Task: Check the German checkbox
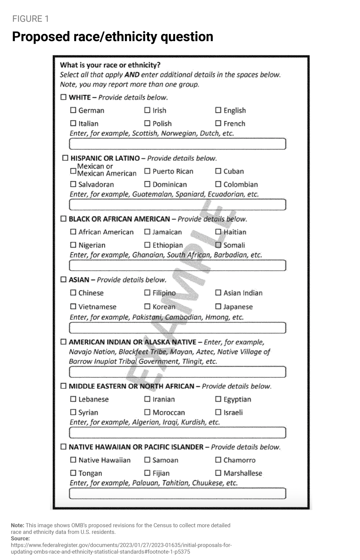(73, 110)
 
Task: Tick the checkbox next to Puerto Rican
(147, 171)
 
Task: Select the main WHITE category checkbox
(63, 97)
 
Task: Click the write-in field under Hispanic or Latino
(177, 204)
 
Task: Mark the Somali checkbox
(218, 245)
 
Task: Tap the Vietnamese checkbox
(73, 307)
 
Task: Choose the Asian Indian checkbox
(218, 293)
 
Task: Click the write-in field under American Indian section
(177, 372)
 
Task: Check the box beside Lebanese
(73, 399)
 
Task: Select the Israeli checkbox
(218, 412)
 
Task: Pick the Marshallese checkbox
(218, 473)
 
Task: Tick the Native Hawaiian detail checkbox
(73, 460)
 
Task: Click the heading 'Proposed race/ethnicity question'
(112, 37)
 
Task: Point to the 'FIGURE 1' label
(30, 19)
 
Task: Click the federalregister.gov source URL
(121, 548)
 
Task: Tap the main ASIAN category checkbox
(63, 279)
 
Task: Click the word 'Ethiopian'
(168, 245)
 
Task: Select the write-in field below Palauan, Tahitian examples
(177, 493)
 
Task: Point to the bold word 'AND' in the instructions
(132, 75)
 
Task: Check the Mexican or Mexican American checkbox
(73, 171)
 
